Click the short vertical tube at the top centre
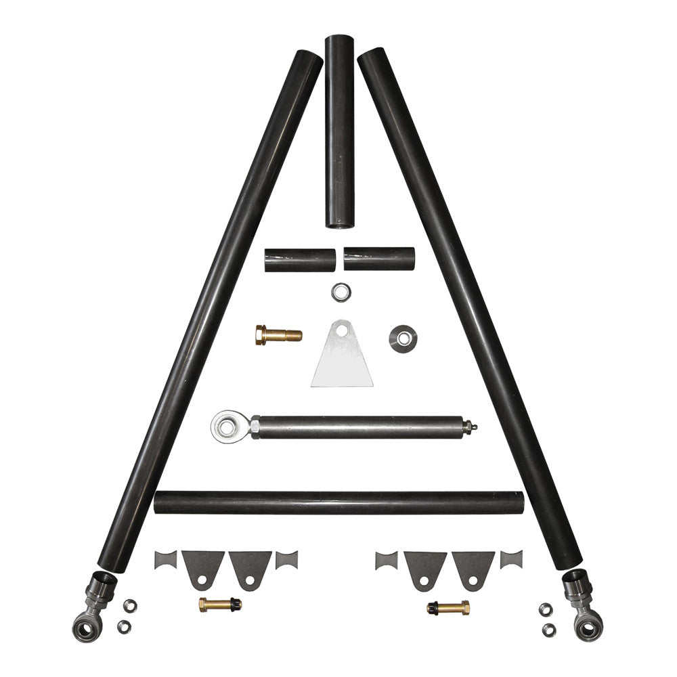coord(339,132)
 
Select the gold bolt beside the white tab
coord(278,334)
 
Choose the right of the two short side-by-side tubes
coord(379,258)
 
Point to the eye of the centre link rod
coord(224,427)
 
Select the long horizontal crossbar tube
coord(338,502)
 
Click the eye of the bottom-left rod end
coord(85,628)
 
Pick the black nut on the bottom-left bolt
coord(234,602)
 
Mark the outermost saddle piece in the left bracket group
coord(165,561)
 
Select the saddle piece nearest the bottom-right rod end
coord(511,560)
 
